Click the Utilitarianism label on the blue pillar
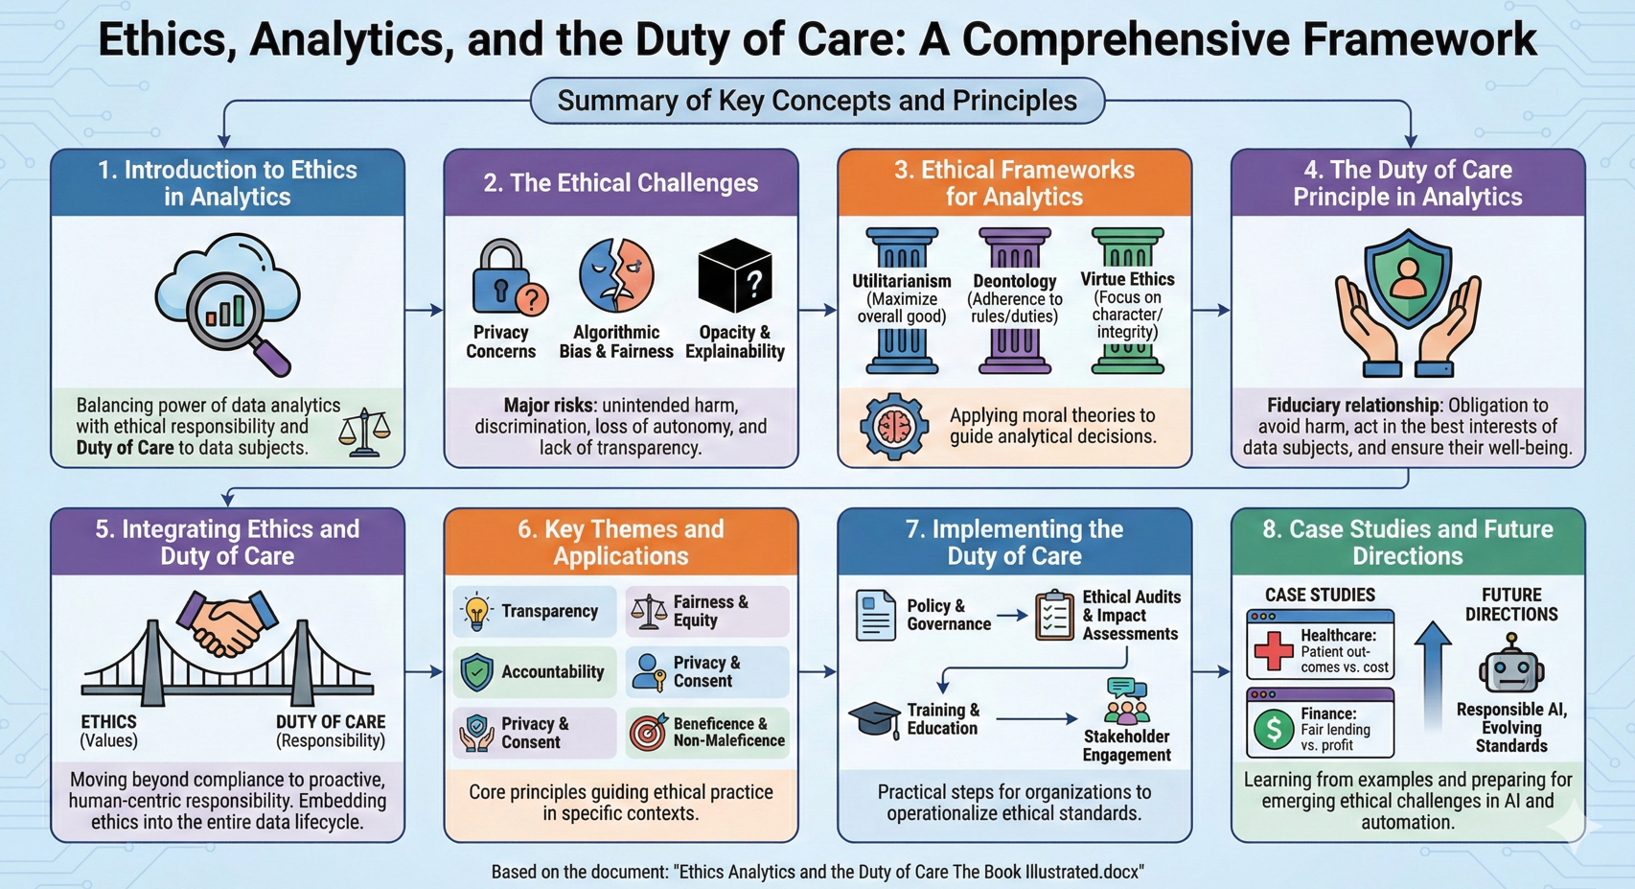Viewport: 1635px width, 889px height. point(902,281)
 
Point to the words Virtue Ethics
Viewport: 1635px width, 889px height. point(1127,279)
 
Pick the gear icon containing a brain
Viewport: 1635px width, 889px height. point(893,427)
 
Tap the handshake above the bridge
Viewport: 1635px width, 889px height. point(226,622)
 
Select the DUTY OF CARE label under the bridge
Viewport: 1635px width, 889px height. point(331,722)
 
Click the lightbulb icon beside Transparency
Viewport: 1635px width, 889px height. point(476,612)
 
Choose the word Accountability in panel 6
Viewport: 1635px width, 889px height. point(552,672)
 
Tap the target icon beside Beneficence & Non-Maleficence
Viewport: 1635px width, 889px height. point(648,733)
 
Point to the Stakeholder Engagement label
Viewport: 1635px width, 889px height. point(1126,745)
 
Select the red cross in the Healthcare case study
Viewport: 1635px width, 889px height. point(1273,650)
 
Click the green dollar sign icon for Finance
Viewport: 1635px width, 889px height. point(1273,730)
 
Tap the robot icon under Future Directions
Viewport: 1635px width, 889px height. point(1511,665)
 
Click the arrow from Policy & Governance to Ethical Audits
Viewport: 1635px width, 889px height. point(1011,616)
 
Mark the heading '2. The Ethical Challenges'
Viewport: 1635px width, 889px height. point(620,183)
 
